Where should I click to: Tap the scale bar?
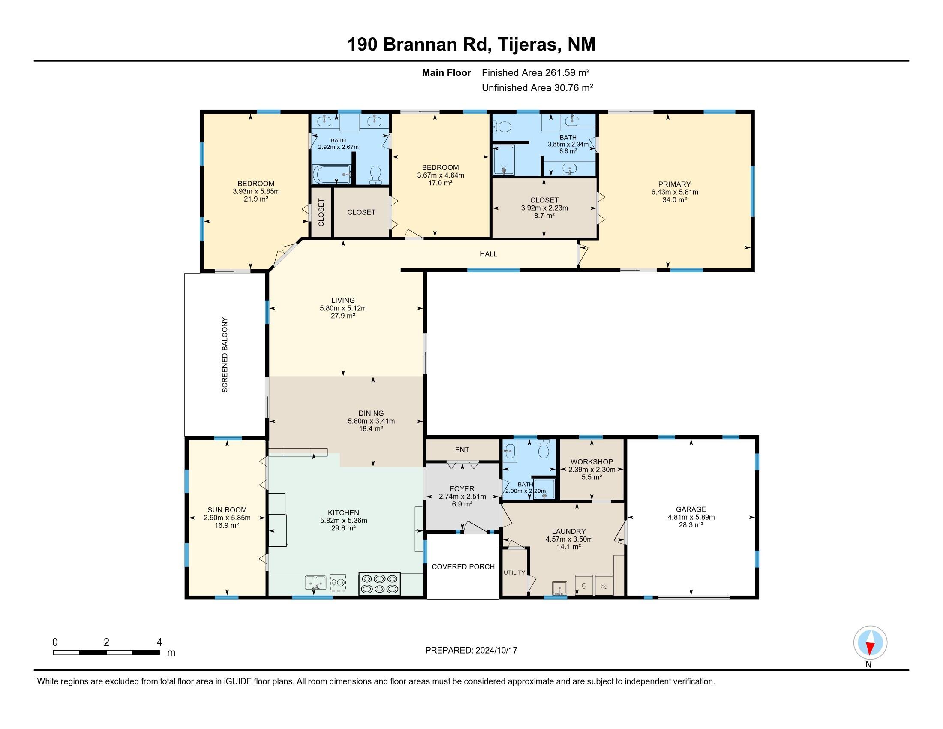coord(106,652)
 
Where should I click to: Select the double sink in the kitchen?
coord(315,583)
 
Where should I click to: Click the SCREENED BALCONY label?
coord(225,355)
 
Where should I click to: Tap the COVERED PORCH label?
coord(463,566)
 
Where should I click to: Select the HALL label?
coord(488,254)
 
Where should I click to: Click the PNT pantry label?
coord(462,449)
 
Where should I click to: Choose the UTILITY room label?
coord(514,572)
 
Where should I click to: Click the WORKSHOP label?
coord(592,462)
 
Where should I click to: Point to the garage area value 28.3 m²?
coord(691,525)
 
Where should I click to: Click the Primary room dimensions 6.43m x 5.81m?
coord(674,192)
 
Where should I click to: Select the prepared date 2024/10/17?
coord(496,650)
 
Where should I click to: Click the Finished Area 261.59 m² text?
coord(535,72)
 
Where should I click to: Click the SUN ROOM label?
coord(227,510)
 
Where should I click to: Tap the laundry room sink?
coord(559,589)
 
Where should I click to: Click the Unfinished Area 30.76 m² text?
coord(537,87)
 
